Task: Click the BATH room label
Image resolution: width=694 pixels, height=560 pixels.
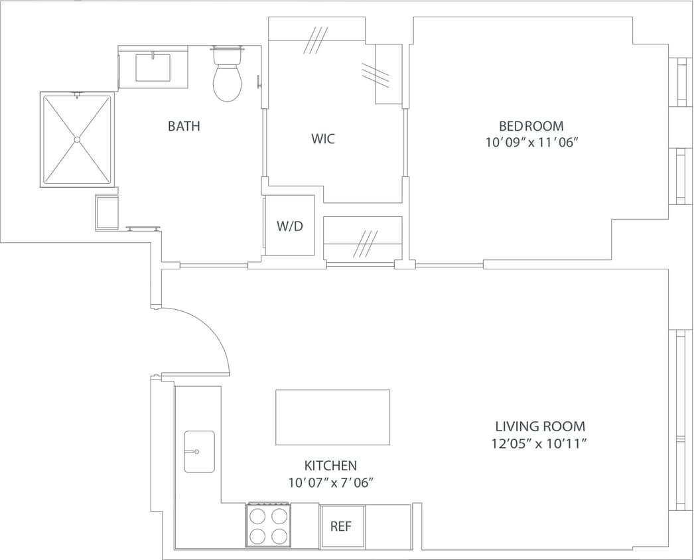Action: [184, 126]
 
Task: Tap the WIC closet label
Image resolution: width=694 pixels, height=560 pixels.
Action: [323, 139]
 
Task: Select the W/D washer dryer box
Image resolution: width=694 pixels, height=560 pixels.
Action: [289, 226]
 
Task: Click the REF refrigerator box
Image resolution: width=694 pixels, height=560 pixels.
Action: [342, 526]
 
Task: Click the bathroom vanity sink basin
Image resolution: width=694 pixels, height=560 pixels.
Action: [153, 68]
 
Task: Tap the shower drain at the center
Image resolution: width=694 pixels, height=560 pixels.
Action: [78, 139]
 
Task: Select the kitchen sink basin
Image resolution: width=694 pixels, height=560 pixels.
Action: [199, 451]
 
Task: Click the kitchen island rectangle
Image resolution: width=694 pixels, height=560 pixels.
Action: [332, 417]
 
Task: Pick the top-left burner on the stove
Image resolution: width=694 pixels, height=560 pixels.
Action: [257, 516]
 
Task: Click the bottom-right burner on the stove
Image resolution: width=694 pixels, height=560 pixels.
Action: [279, 535]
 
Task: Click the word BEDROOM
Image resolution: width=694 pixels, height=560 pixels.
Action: [531, 126]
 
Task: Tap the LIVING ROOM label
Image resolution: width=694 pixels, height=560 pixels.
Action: [540, 426]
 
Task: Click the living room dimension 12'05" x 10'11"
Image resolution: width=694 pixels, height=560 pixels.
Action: [540, 443]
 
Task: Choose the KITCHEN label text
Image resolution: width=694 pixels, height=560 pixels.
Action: [330, 466]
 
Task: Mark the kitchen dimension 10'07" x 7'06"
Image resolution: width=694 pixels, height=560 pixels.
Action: [331, 483]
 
